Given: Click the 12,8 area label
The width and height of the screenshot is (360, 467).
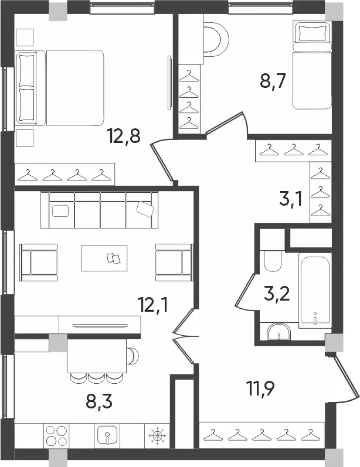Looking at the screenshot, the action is click(124, 137).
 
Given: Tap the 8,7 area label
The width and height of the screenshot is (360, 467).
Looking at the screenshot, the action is click(273, 80).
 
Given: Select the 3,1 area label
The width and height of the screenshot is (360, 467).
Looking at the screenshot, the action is click(291, 199).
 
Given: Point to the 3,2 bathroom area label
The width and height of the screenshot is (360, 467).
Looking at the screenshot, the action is click(277, 294).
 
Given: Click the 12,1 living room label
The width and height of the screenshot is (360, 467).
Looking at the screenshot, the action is click(152, 304).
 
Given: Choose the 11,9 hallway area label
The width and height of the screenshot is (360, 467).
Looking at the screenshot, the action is click(260, 388).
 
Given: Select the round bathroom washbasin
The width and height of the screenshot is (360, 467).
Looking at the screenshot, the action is click(279, 332).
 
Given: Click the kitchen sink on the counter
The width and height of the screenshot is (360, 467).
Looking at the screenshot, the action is click(107, 436).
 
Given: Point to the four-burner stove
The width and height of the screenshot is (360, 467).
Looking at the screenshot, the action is click(56, 436).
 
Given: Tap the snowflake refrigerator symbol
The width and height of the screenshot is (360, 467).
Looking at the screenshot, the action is click(157, 436).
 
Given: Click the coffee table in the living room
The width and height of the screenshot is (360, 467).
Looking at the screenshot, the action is click(104, 258).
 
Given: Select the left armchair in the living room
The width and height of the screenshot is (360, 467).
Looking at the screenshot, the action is click(39, 263).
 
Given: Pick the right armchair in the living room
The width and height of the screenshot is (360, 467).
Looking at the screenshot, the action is click(174, 263).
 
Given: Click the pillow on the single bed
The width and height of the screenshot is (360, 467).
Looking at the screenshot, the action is click(312, 32).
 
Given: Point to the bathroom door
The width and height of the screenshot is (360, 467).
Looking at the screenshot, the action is click(245, 291).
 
